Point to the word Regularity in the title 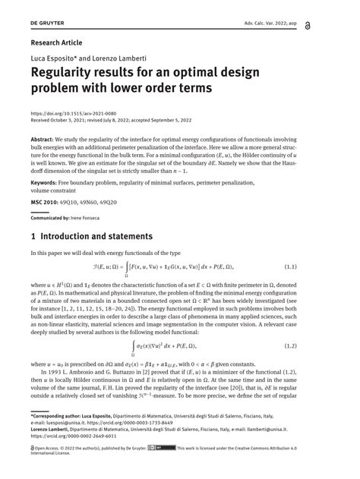tap(70, 74)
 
